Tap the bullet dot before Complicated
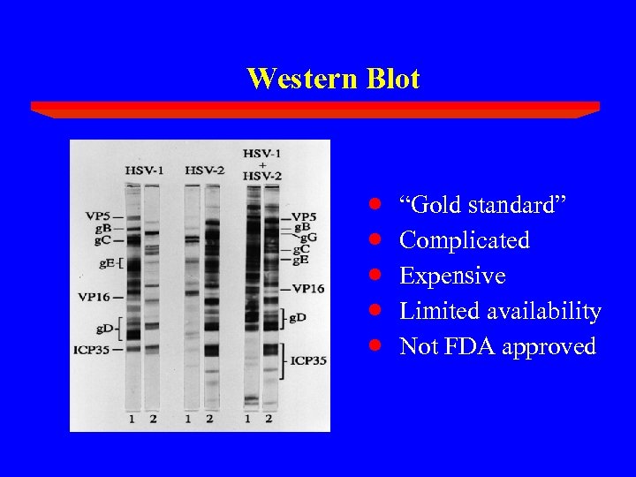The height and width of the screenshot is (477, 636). [375, 240]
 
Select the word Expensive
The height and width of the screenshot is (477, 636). [452, 276]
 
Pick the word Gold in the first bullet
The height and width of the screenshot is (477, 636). [432, 205]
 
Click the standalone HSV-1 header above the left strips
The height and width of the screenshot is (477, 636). [143, 170]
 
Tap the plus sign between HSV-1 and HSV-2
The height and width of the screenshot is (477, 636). [262, 164]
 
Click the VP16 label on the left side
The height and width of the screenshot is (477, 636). [95, 296]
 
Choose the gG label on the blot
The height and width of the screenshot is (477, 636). [309, 237]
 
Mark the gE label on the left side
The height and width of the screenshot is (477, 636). [105, 263]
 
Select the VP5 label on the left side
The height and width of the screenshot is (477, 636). [98, 216]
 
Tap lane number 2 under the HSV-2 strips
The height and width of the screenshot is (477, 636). [210, 419]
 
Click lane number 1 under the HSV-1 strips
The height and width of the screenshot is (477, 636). [132, 419]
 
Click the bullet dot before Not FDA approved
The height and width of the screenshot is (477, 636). [375, 346]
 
